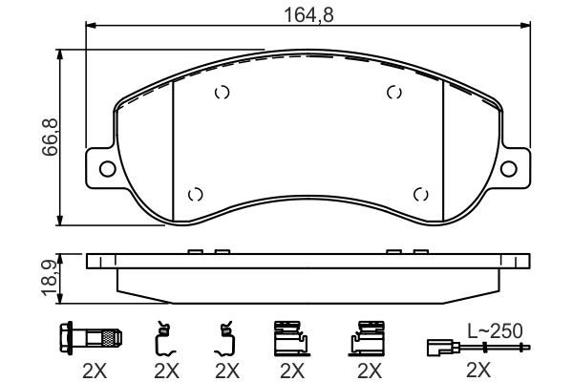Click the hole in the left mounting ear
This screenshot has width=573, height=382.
pos(107,169)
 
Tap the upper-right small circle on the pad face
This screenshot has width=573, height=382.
pos(393,93)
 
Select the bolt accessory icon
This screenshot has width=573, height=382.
pos(92,337)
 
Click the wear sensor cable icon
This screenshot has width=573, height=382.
pos(473,346)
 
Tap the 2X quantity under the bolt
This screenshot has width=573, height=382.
pos(92,369)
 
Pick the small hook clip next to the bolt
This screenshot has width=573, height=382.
pos(164,337)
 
